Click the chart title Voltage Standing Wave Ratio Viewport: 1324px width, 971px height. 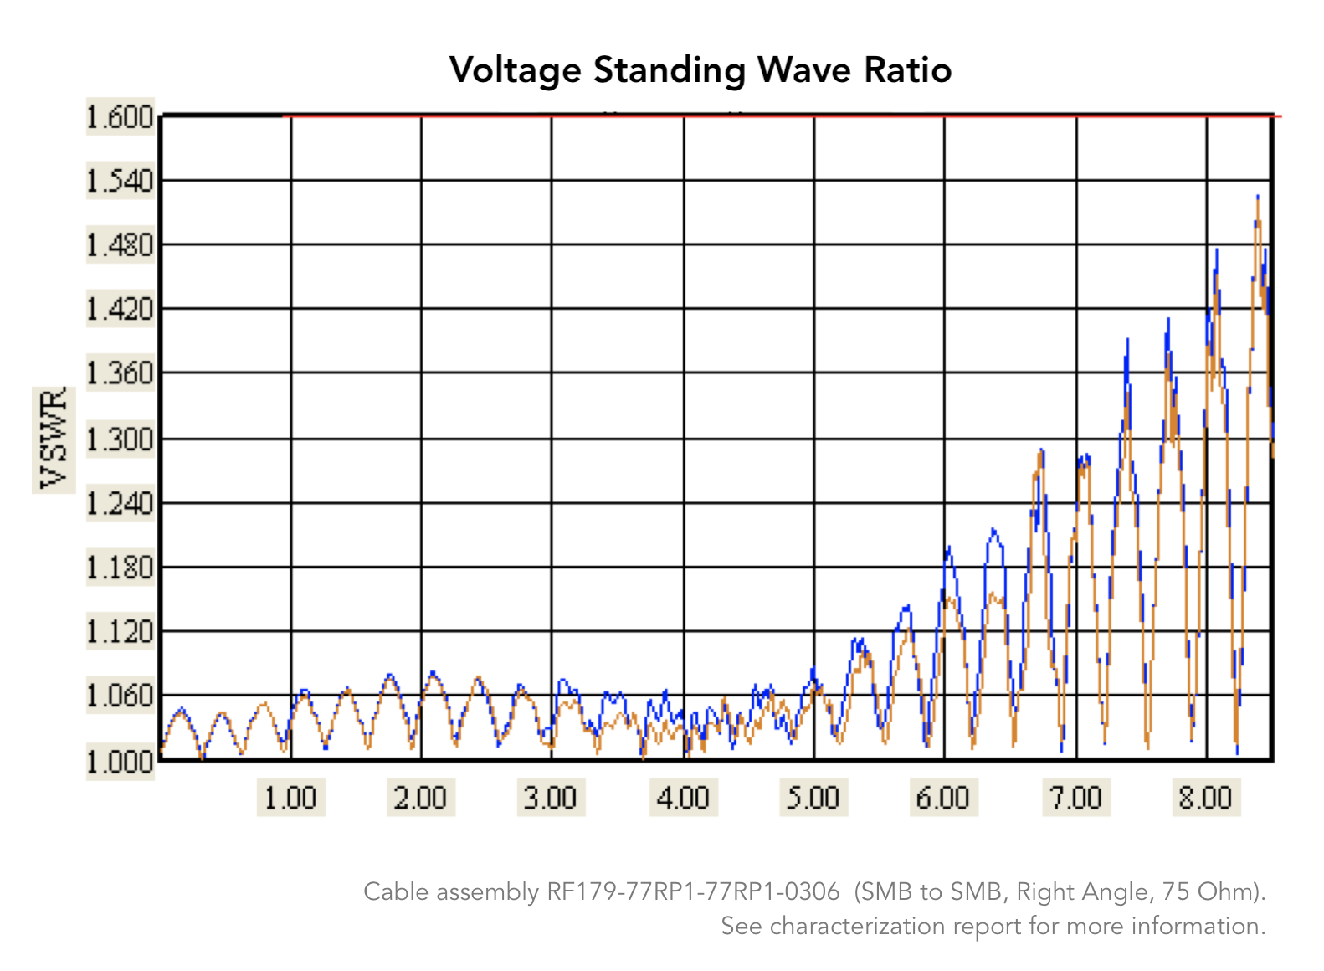[x=700, y=70]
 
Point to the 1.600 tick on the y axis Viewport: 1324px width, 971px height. [x=121, y=117]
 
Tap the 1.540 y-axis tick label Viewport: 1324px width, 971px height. [x=121, y=181]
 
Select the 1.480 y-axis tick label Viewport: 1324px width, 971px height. [x=121, y=245]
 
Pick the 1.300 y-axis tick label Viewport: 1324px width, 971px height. [x=121, y=439]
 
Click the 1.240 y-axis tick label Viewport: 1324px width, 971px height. [x=121, y=503]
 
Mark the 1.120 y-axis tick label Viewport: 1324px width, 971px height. [x=121, y=632]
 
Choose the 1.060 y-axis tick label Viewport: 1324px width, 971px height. [x=121, y=696]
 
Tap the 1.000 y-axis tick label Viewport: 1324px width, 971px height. [x=121, y=761]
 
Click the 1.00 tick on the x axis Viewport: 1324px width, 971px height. [x=290, y=798]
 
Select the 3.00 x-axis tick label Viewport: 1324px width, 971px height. [x=551, y=798]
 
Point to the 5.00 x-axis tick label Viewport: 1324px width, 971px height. [x=813, y=798]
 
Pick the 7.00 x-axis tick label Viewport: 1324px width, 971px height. [x=1076, y=798]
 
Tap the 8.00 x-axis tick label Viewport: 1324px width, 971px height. [x=1206, y=798]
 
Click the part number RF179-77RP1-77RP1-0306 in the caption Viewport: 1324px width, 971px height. [x=693, y=892]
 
